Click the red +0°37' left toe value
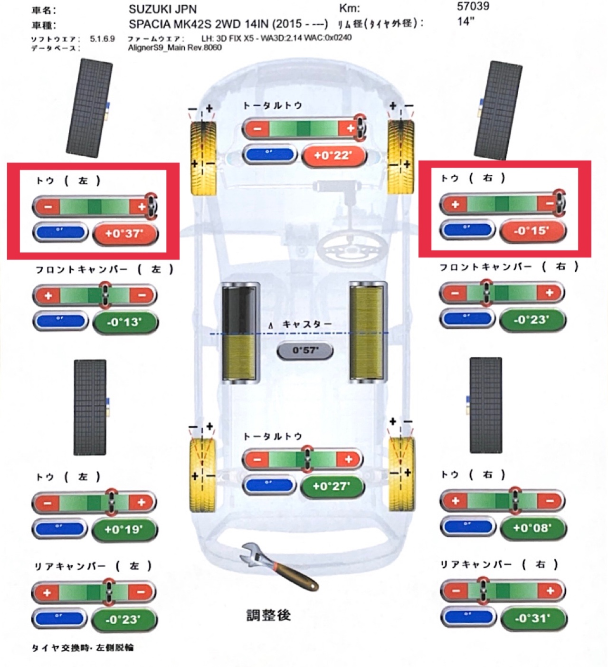(124, 233)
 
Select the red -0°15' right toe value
(532, 231)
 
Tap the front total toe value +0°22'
(333, 155)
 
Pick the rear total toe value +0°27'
(331, 486)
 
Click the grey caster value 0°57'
(305, 351)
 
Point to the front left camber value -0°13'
(124, 322)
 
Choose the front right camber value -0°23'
(532, 320)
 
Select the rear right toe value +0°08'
(532, 527)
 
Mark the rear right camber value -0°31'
(532, 618)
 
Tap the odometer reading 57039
(473, 6)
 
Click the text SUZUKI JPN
(162, 9)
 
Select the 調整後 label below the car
(268, 615)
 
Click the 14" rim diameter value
(466, 21)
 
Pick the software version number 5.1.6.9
(102, 38)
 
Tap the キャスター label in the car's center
(307, 324)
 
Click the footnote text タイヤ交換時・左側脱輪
(82, 648)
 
